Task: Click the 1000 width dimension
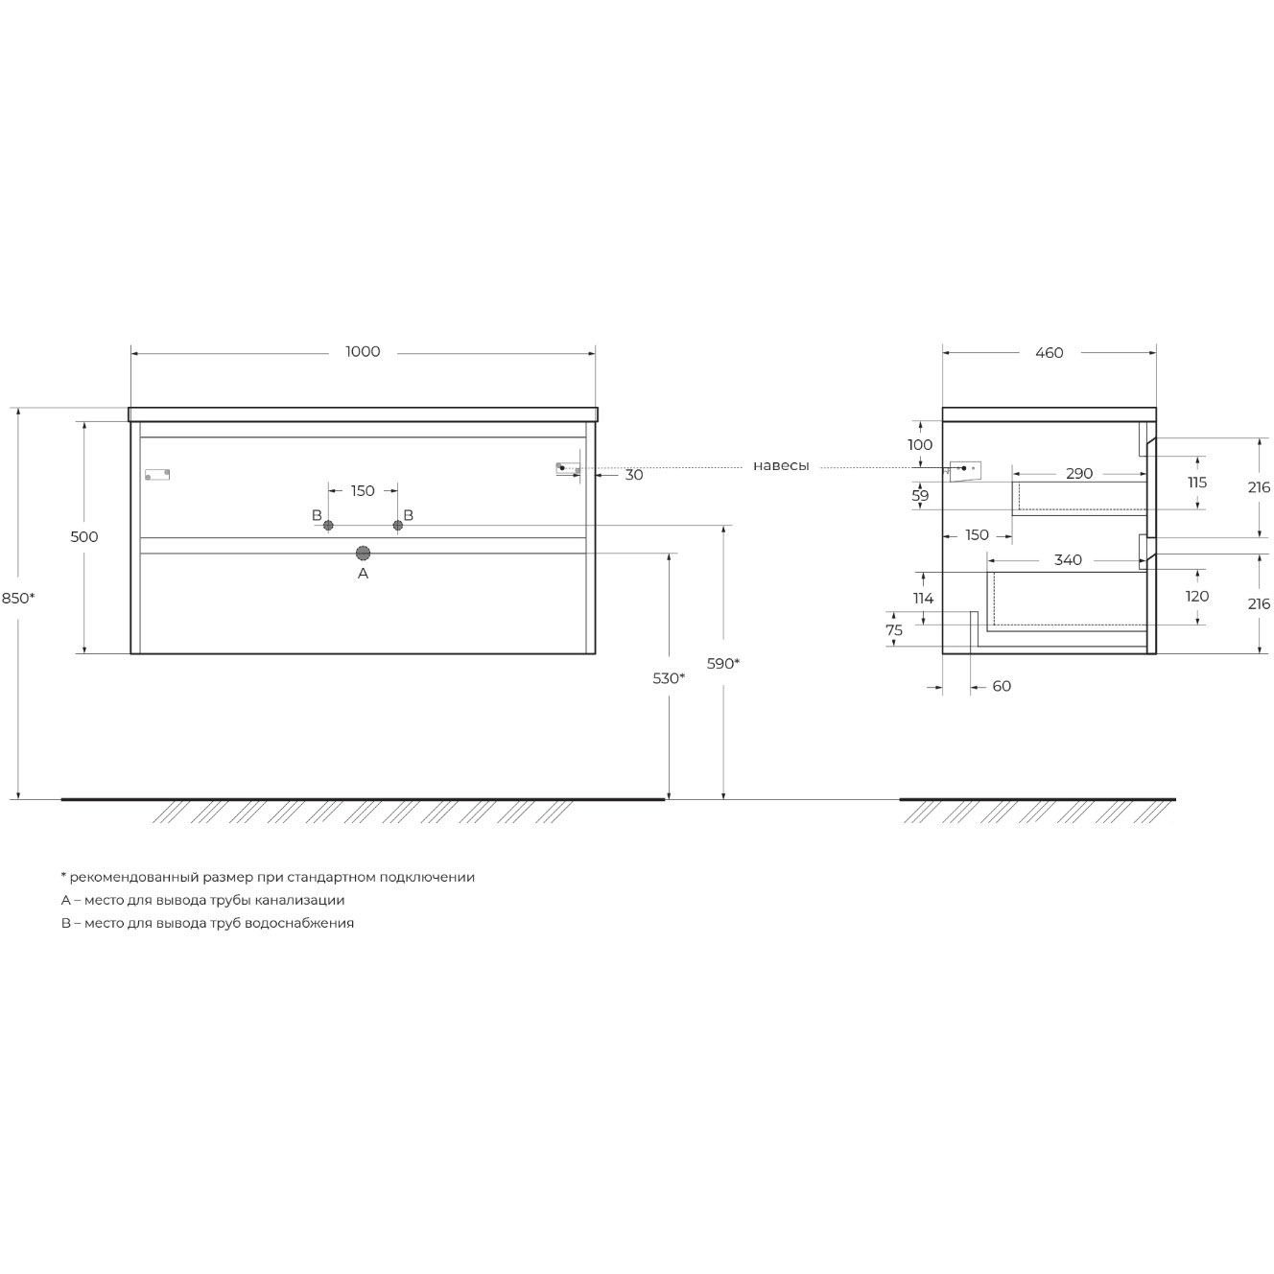point(363,352)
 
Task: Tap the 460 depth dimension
point(1050,353)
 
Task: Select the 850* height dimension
point(18,599)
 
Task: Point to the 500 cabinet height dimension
point(84,537)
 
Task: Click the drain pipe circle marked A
point(363,553)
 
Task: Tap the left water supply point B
point(328,525)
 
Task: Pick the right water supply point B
point(397,525)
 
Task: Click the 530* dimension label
point(669,678)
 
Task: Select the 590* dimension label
point(722,663)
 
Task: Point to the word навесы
point(781,466)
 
